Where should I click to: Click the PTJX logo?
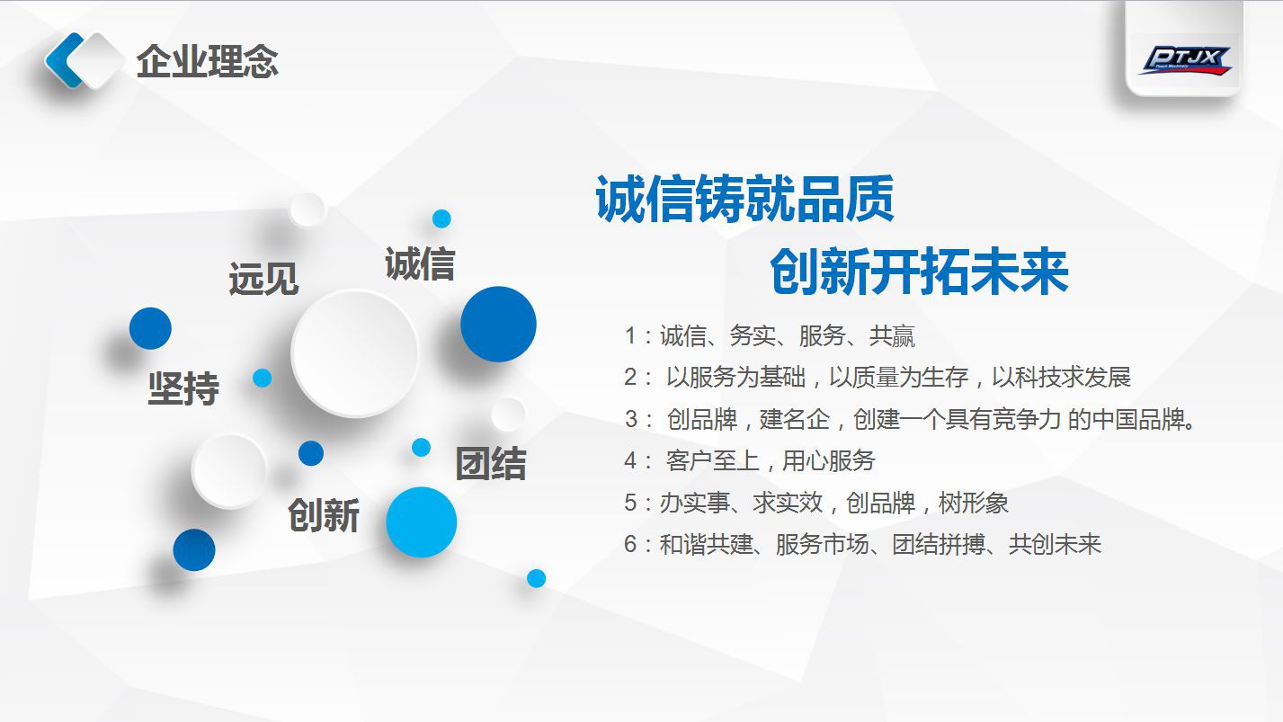[1185, 60]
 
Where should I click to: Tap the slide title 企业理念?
[207, 62]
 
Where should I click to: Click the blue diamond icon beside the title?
[84, 60]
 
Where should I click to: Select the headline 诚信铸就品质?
[744, 199]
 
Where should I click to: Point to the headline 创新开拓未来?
[918, 271]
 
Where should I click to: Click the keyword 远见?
[263, 279]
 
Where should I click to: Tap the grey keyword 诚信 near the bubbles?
[419, 263]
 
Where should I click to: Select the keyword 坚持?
[183, 388]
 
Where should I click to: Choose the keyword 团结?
[490, 463]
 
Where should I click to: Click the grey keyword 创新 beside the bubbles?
[324, 515]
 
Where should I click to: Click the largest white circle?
[355, 352]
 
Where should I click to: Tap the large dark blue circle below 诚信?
[498, 324]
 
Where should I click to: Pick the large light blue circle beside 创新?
[421, 521]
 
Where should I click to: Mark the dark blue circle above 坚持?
[150, 328]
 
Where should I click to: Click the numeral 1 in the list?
[631, 336]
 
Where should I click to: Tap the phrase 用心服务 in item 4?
[828, 460]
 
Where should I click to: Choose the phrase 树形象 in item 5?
[974, 503]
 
